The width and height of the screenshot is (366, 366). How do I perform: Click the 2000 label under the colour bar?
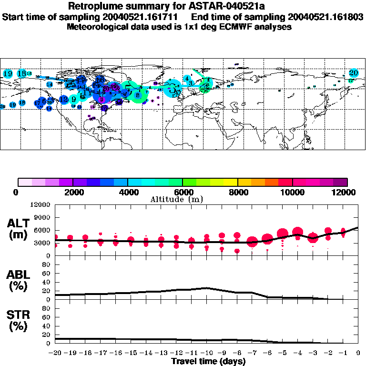(x=72, y=192)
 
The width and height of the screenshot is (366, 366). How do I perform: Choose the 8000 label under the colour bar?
(x=238, y=192)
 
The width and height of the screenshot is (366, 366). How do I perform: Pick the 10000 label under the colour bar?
(x=292, y=192)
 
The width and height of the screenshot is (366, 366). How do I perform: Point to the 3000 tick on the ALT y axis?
(x=43, y=243)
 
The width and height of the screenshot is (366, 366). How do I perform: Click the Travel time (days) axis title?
(x=208, y=361)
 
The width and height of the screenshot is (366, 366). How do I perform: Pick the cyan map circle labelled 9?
(x=73, y=100)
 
